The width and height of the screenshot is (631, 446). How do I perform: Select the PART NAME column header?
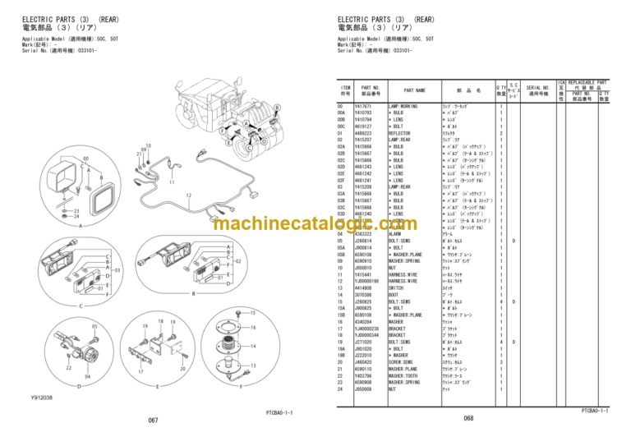pyautogui.click(x=414, y=91)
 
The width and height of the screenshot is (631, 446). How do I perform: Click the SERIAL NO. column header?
pyautogui.click(x=538, y=91)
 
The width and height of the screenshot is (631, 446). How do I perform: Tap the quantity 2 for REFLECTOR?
pyautogui.click(x=501, y=132)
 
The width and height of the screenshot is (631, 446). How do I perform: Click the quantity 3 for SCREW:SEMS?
pyautogui.click(x=501, y=362)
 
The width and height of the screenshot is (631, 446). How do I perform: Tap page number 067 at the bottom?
pyautogui.click(x=153, y=421)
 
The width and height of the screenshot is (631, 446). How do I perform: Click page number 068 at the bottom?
pyautogui.click(x=468, y=418)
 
